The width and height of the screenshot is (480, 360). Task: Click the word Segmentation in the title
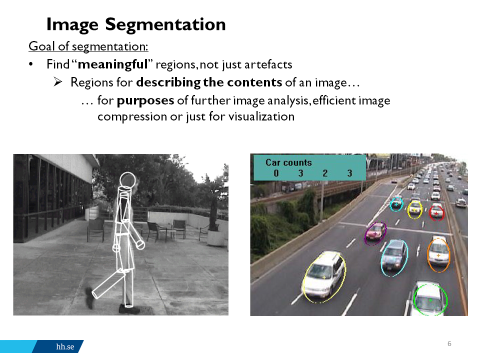coord(165,24)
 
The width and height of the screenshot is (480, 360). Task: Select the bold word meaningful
coord(113,64)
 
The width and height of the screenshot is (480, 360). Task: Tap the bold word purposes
coord(145,101)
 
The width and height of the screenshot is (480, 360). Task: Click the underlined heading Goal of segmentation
coord(88,46)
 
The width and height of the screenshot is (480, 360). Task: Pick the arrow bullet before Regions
coord(58,81)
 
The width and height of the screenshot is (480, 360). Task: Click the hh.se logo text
coord(65,346)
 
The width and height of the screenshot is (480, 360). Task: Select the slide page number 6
coord(449,343)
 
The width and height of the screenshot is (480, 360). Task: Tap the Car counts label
coord(288,162)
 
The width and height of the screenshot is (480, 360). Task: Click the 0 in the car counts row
coord(276,173)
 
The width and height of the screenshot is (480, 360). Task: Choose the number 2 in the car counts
coord(325,173)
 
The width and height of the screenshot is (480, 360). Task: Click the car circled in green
coord(429,298)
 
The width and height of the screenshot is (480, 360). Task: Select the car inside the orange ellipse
coord(438,253)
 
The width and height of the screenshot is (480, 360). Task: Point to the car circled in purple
coord(375,232)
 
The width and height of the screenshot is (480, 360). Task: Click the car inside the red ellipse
coord(436,212)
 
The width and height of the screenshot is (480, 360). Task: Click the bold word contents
coord(254,82)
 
